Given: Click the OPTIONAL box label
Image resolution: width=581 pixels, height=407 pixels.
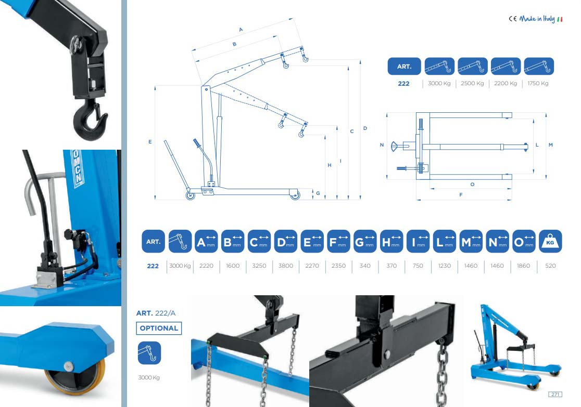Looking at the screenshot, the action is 159,328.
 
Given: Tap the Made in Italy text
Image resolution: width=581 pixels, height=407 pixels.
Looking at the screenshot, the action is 537,19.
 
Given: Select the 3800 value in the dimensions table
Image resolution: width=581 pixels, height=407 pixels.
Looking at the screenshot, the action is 286,266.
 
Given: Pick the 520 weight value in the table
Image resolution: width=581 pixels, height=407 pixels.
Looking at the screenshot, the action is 550,266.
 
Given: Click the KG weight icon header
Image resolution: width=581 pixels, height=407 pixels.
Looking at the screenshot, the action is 550,241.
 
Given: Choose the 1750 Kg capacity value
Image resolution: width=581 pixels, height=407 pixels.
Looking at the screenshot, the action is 538,83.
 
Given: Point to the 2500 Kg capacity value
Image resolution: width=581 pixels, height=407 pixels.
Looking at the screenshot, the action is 472,83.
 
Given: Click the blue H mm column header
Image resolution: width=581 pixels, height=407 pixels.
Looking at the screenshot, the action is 391,241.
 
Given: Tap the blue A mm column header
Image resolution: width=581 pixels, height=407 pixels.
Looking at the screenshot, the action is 206,241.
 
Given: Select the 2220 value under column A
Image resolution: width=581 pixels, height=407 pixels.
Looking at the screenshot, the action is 206,266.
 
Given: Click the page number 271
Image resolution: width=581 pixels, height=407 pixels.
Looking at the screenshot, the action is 555,394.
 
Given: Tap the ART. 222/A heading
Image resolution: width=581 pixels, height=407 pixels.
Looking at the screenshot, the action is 156,313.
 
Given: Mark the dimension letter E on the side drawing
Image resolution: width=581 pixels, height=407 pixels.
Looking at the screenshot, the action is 150,142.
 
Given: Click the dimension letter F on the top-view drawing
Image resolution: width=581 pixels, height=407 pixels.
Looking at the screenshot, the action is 461,194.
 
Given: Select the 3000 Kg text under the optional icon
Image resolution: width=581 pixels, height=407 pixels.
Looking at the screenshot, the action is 149,377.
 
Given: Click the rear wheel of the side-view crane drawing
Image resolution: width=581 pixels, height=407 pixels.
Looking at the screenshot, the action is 190,195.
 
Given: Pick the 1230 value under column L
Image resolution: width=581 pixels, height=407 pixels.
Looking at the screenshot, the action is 444,266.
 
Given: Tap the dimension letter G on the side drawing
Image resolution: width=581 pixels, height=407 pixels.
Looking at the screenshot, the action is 318,193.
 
